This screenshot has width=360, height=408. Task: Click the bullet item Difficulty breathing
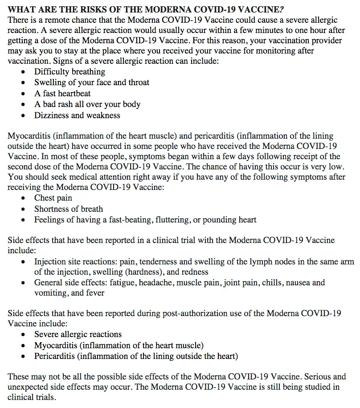(70, 72)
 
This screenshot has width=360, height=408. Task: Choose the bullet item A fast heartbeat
(62, 94)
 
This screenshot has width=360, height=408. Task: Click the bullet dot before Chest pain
(24, 198)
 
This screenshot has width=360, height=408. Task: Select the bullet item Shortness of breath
(69, 209)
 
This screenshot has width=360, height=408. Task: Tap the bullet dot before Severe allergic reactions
(24, 334)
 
